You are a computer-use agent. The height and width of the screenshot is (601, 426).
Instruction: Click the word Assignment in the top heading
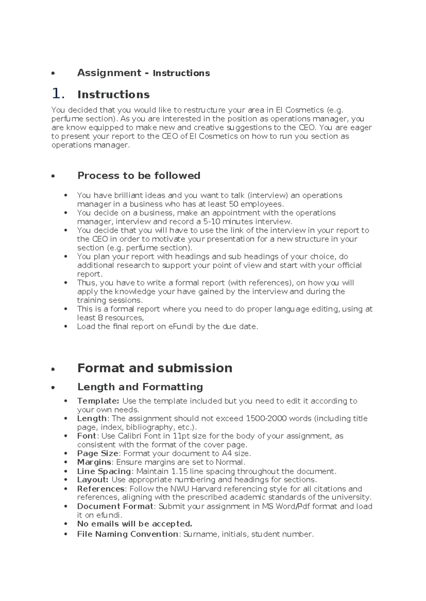coord(109,73)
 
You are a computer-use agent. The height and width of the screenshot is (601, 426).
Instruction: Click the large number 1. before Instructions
coord(58,94)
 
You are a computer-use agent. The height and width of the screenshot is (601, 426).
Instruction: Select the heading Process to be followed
coord(139,175)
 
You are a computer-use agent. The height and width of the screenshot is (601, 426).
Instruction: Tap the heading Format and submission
coord(155,368)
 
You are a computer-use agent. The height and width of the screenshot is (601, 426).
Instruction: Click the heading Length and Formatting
coord(140,387)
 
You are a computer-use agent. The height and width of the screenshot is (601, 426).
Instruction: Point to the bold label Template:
coord(98,401)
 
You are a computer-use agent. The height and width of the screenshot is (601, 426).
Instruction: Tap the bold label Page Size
coord(98,453)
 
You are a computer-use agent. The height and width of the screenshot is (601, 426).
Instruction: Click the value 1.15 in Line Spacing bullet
coord(179,471)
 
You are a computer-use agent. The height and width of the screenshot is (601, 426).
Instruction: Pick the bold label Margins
coord(94,462)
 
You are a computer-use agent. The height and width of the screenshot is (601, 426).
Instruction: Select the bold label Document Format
coord(115,506)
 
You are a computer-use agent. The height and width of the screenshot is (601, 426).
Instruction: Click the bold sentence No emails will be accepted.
coord(135,524)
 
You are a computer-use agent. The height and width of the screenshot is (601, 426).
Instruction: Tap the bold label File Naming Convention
coord(127,534)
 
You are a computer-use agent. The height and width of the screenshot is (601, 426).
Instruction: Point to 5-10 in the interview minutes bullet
coord(213,221)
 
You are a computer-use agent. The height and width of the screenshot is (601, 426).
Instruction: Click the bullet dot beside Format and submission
coord(53,369)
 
